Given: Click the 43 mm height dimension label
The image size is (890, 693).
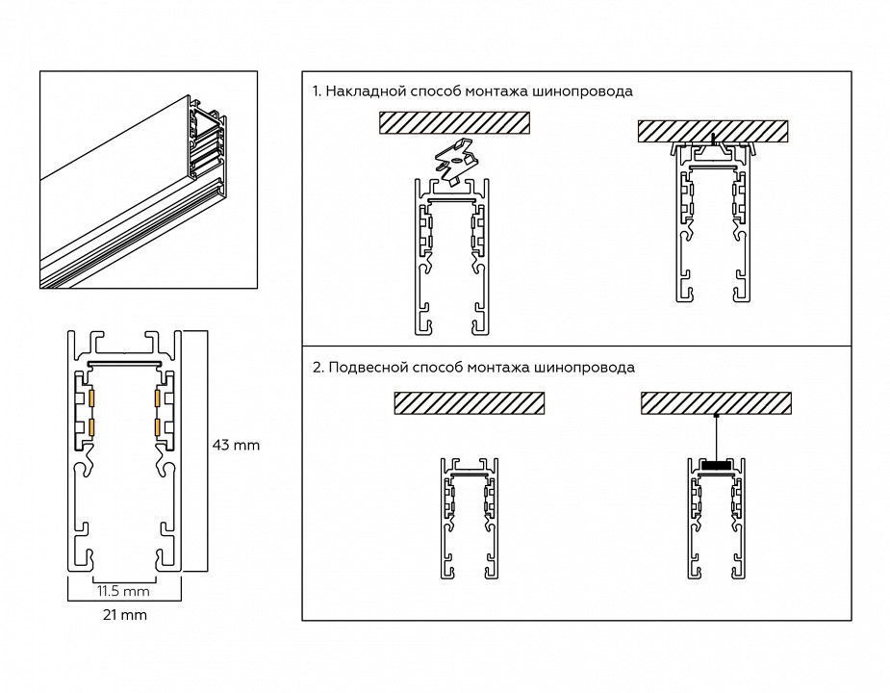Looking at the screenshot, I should coord(236,445).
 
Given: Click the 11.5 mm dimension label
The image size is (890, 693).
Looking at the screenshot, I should coord(123,589).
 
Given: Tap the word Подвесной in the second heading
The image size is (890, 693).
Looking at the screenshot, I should coord(363,368).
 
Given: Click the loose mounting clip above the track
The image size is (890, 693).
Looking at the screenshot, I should coord(455,160).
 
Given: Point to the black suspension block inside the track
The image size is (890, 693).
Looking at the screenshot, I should coord(715,466).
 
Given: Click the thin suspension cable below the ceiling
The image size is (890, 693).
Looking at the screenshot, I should coord(715,437).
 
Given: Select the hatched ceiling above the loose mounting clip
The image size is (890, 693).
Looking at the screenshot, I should coord(454,122).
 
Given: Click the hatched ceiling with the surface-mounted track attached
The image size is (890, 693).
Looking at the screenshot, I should coord(713,131).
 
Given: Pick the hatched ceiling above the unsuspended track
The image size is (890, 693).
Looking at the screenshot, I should coord(470,402).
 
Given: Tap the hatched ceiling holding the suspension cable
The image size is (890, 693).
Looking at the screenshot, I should coord(716,402).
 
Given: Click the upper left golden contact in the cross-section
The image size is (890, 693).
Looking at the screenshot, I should coord(92,397).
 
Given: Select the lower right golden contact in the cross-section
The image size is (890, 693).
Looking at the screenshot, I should coord(155,425).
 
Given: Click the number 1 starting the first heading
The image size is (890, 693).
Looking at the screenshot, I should coord(316,91).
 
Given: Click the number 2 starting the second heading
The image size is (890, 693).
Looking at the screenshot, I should coord(317,368).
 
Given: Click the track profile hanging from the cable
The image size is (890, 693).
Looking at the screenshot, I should coord(715,520).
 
